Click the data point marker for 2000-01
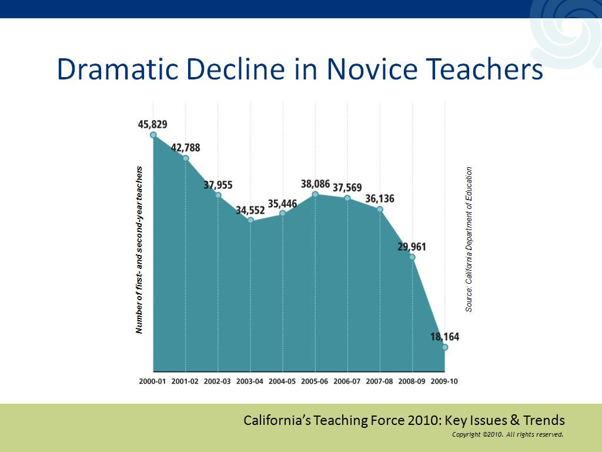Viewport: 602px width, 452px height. click(x=153, y=135)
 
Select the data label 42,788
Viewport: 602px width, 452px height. click(x=185, y=148)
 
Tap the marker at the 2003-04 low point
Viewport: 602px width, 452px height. click(x=250, y=220)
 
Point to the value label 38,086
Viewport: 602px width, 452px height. click(x=315, y=184)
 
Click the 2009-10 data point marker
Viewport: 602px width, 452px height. click(x=445, y=347)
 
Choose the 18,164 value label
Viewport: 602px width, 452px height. click(x=444, y=337)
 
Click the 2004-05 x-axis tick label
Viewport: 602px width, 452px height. click(x=282, y=381)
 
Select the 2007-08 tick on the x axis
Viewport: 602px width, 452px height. click(x=379, y=381)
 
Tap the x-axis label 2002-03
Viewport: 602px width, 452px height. click(x=218, y=381)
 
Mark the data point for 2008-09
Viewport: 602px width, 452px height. click(x=412, y=257)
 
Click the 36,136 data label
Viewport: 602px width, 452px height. click(x=380, y=199)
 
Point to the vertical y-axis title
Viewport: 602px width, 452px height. click(x=139, y=250)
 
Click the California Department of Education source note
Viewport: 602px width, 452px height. click(x=469, y=239)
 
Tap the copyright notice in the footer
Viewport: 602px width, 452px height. click(x=507, y=435)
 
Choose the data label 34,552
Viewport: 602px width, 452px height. click(x=250, y=210)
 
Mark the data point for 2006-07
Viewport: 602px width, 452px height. click(x=347, y=198)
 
